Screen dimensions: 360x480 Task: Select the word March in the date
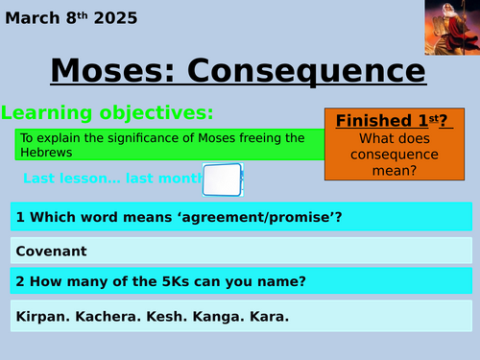[x=35, y=18]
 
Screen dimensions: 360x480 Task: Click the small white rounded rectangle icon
[x=222, y=179]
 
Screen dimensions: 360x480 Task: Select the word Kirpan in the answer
[x=44, y=315]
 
